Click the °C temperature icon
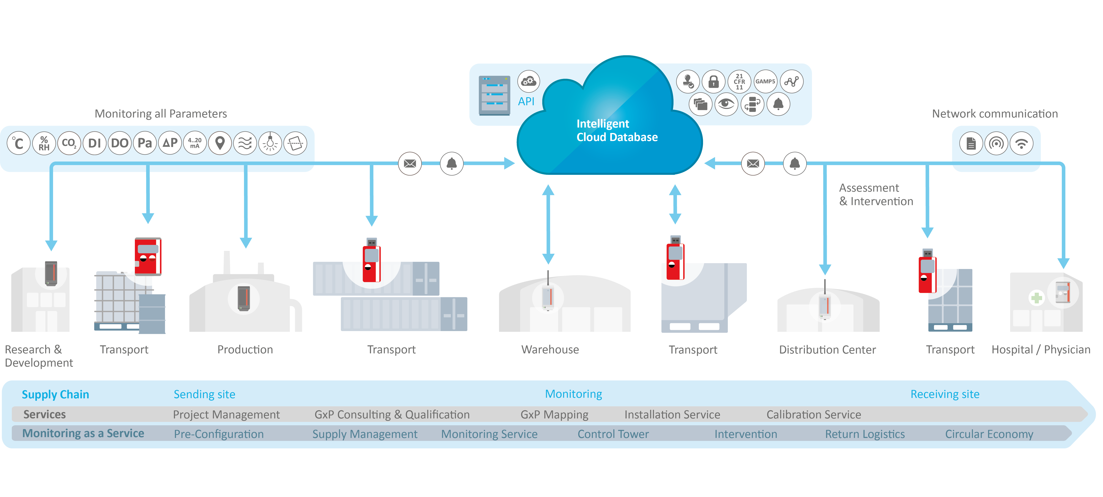click(x=18, y=143)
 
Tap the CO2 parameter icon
click(x=69, y=143)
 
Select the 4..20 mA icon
click(x=195, y=143)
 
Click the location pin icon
click(x=220, y=143)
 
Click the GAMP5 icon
click(x=765, y=81)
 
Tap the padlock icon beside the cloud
click(x=713, y=81)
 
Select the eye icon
click(x=726, y=104)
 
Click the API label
click(x=526, y=101)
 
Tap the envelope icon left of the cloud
click(x=410, y=164)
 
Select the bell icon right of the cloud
click(x=795, y=164)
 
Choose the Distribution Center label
click(x=827, y=350)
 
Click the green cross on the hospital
click(x=1037, y=298)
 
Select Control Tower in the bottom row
click(x=613, y=434)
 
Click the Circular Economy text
click(x=989, y=434)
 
